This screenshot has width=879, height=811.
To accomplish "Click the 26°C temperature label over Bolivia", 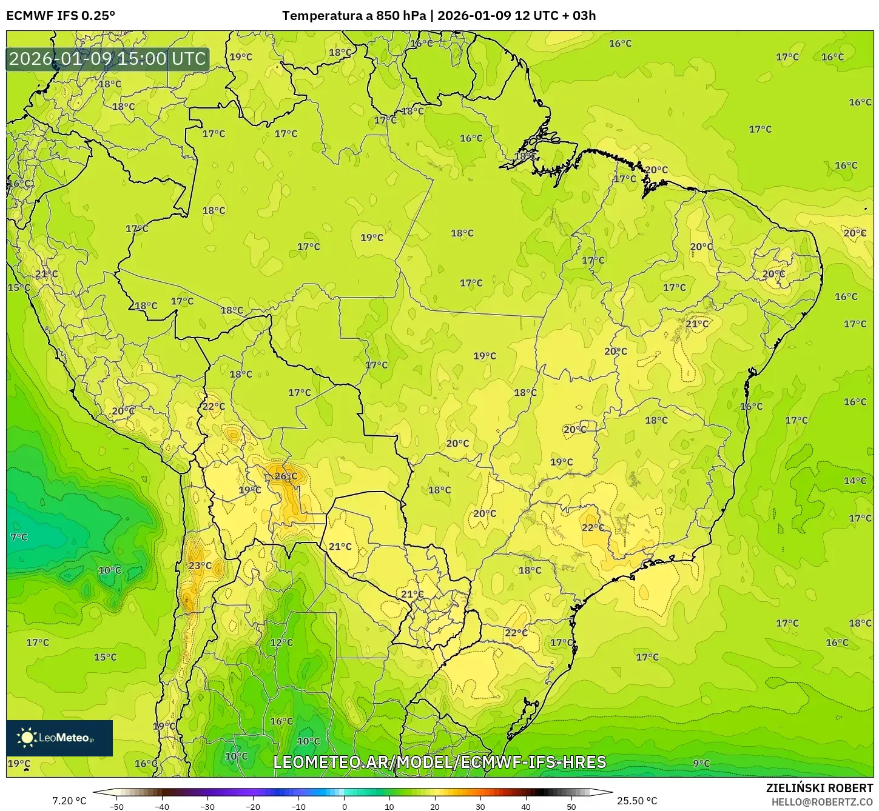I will coord(286,476).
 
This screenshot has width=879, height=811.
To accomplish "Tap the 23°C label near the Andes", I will coord(200,566).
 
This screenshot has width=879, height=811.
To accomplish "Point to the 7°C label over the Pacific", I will coord(19,537).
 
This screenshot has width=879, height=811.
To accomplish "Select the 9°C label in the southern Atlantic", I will coord(701,763).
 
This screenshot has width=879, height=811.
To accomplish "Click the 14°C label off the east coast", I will coord(855,481).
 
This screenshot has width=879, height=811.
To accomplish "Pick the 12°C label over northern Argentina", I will coord(281,642).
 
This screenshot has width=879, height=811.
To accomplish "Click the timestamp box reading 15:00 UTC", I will coord(107,59).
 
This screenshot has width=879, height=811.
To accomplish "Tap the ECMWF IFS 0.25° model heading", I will coord(61,16).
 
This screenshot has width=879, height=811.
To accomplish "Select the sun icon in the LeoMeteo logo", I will coord(27,738).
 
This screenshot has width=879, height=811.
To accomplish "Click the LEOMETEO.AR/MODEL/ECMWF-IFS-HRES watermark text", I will coord(440,762).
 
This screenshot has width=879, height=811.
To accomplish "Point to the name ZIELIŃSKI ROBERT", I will coord(820,788).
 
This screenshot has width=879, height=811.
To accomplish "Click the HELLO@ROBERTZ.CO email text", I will coord(822,802).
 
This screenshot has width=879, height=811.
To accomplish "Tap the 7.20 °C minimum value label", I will coord(69,801).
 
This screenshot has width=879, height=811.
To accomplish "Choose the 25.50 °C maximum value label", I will coord(637,801).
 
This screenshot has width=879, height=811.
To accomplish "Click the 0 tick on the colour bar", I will coord(344,806).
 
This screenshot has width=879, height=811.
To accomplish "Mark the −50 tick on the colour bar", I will coord(116,806).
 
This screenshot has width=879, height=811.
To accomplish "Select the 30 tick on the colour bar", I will coord(480,806).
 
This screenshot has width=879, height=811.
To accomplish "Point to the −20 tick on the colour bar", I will coord(253,806).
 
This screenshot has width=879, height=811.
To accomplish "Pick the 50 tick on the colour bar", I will coord(571,806).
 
